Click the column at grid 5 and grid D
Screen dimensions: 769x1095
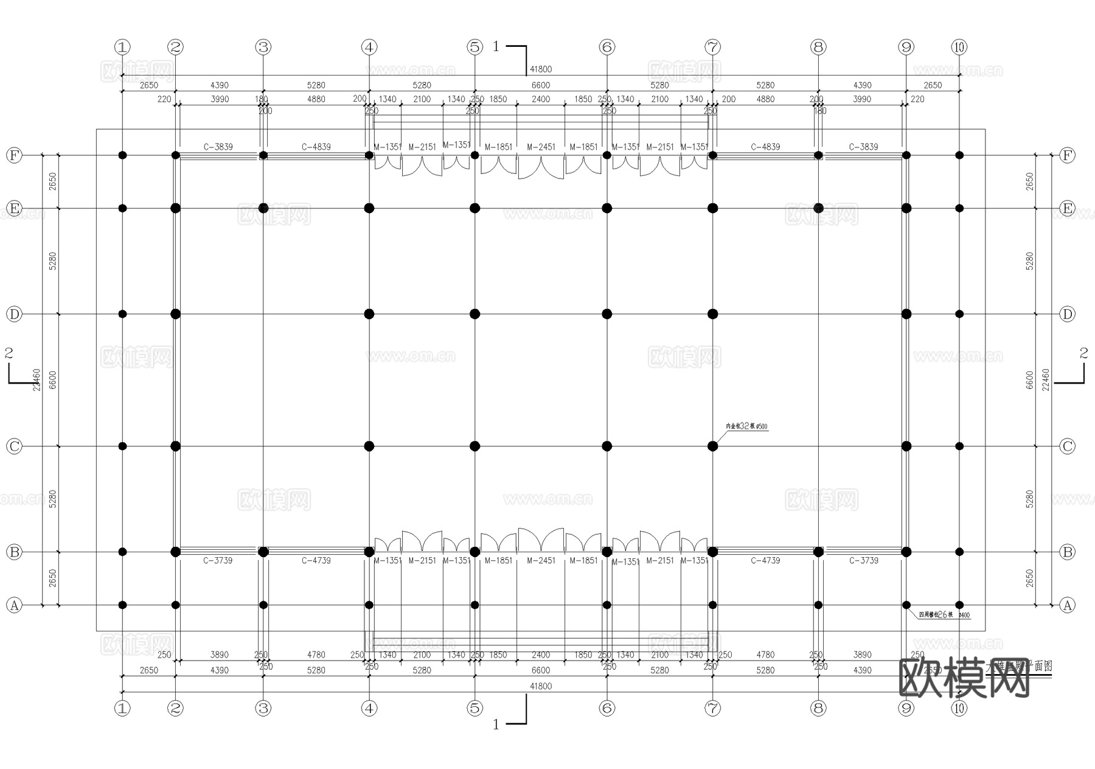tap(475, 314)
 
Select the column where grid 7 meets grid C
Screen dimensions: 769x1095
tap(713, 446)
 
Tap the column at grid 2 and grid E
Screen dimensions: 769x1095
tap(176, 208)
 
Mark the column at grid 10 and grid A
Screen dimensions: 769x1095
tap(959, 605)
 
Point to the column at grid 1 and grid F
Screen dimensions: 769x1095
tap(122, 155)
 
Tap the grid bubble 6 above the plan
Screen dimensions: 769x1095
tap(607, 47)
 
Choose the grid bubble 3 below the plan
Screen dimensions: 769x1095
tap(263, 708)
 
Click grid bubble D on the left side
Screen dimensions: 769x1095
tap(14, 314)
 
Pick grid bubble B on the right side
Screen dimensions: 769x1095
tap(1068, 552)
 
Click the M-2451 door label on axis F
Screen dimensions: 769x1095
tap(541, 147)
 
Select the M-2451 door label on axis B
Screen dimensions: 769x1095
tap(541, 560)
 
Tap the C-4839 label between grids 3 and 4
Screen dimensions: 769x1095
tap(316, 147)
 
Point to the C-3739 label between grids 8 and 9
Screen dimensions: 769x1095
tap(863, 560)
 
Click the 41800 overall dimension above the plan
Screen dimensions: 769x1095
tap(541, 69)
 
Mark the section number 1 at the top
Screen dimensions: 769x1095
tap(496, 46)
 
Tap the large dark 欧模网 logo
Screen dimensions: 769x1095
tap(964, 678)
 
